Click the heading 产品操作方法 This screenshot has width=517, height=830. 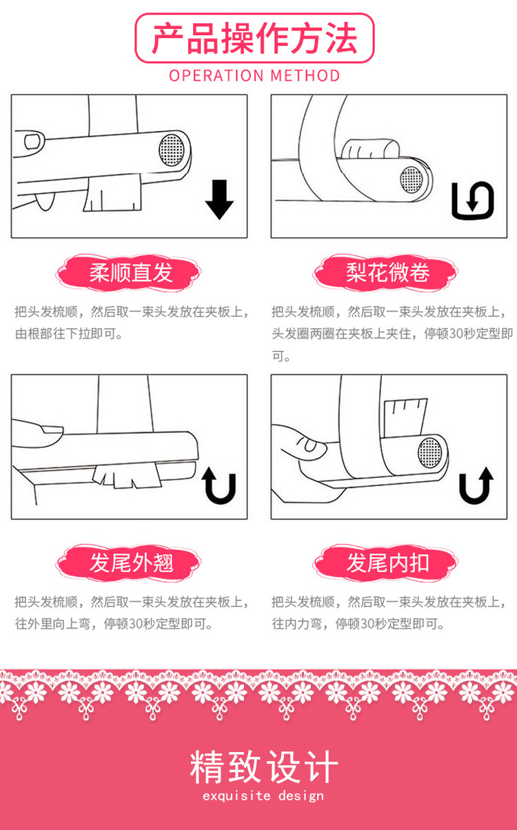point(254,39)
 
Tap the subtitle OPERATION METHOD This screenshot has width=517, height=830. point(254,75)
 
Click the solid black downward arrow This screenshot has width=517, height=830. point(219,199)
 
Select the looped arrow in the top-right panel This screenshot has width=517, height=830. point(473,201)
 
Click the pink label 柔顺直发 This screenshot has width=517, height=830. point(130,273)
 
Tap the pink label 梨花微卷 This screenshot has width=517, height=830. point(387,273)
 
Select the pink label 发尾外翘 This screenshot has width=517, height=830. point(130,563)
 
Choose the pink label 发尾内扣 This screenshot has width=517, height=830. point(387,563)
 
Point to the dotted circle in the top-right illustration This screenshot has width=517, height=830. point(412,179)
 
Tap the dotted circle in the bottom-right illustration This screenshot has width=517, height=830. point(430,452)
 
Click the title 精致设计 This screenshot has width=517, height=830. point(264,768)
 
